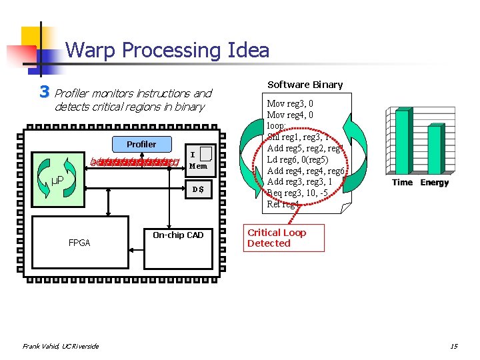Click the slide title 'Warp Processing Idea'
[x=167, y=51]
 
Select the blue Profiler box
[x=141, y=144]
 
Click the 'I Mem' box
[x=198, y=159]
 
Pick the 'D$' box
[x=198, y=190]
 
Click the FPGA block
[x=79, y=243]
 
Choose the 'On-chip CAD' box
[x=178, y=235]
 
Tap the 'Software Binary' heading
[x=305, y=85]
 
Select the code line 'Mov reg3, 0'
[x=290, y=104]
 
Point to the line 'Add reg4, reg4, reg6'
[x=305, y=171]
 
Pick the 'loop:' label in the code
[x=277, y=126]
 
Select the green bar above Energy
[x=434, y=150]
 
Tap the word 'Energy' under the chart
[x=434, y=183]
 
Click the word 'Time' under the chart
[x=403, y=183]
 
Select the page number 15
[x=453, y=345]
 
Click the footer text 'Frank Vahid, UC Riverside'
[x=61, y=345]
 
